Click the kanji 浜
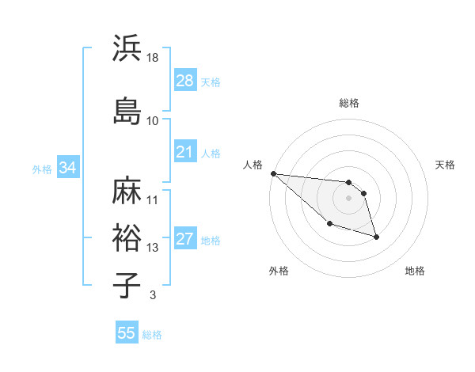coord(127,50)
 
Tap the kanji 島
coord(127,111)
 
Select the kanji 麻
coord(127,190)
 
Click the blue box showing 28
coord(185,81)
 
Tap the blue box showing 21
coord(185,152)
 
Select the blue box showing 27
coord(185,240)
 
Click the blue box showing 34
coord(67,168)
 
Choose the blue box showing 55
coord(127,333)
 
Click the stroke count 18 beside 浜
coord(153,58)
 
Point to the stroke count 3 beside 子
coord(152,296)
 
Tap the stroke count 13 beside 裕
coord(153,248)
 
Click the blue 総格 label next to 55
coord(152,335)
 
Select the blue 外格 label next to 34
coord(42,169)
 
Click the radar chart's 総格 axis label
coord(349,103)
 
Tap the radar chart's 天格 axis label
coord(445,165)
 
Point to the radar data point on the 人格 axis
coord(273,173)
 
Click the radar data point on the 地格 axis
coord(376,237)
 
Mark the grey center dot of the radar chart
coord(349,198)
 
